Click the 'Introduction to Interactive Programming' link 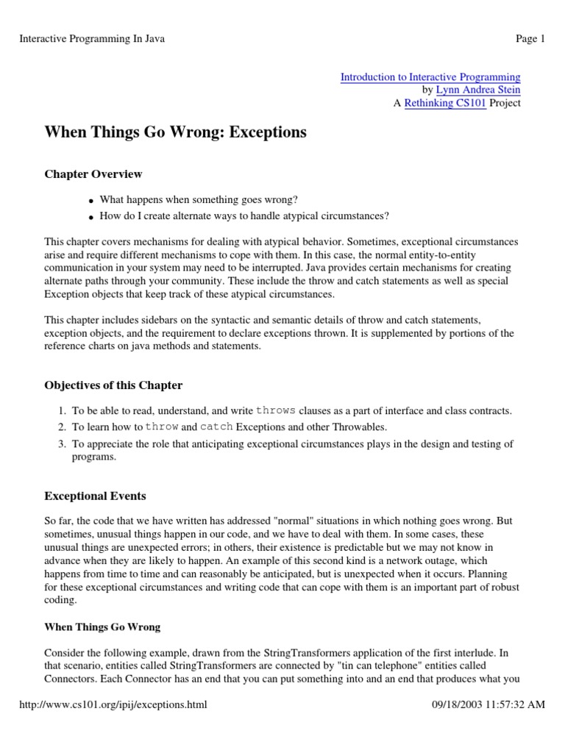click(x=430, y=77)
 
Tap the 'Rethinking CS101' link click(x=445, y=104)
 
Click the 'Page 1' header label click(x=530, y=39)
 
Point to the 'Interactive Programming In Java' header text click(x=92, y=39)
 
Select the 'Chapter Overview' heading click(x=93, y=174)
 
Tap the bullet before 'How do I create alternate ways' click(x=90, y=217)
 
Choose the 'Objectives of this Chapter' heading click(x=114, y=385)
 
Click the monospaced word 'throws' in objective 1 click(x=276, y=410)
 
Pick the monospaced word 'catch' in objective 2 click(x=216, y=427)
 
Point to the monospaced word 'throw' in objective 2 click(x=162, y=427)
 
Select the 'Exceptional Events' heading click(x=95, y=496)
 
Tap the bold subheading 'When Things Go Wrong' click(x=102, y=627)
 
